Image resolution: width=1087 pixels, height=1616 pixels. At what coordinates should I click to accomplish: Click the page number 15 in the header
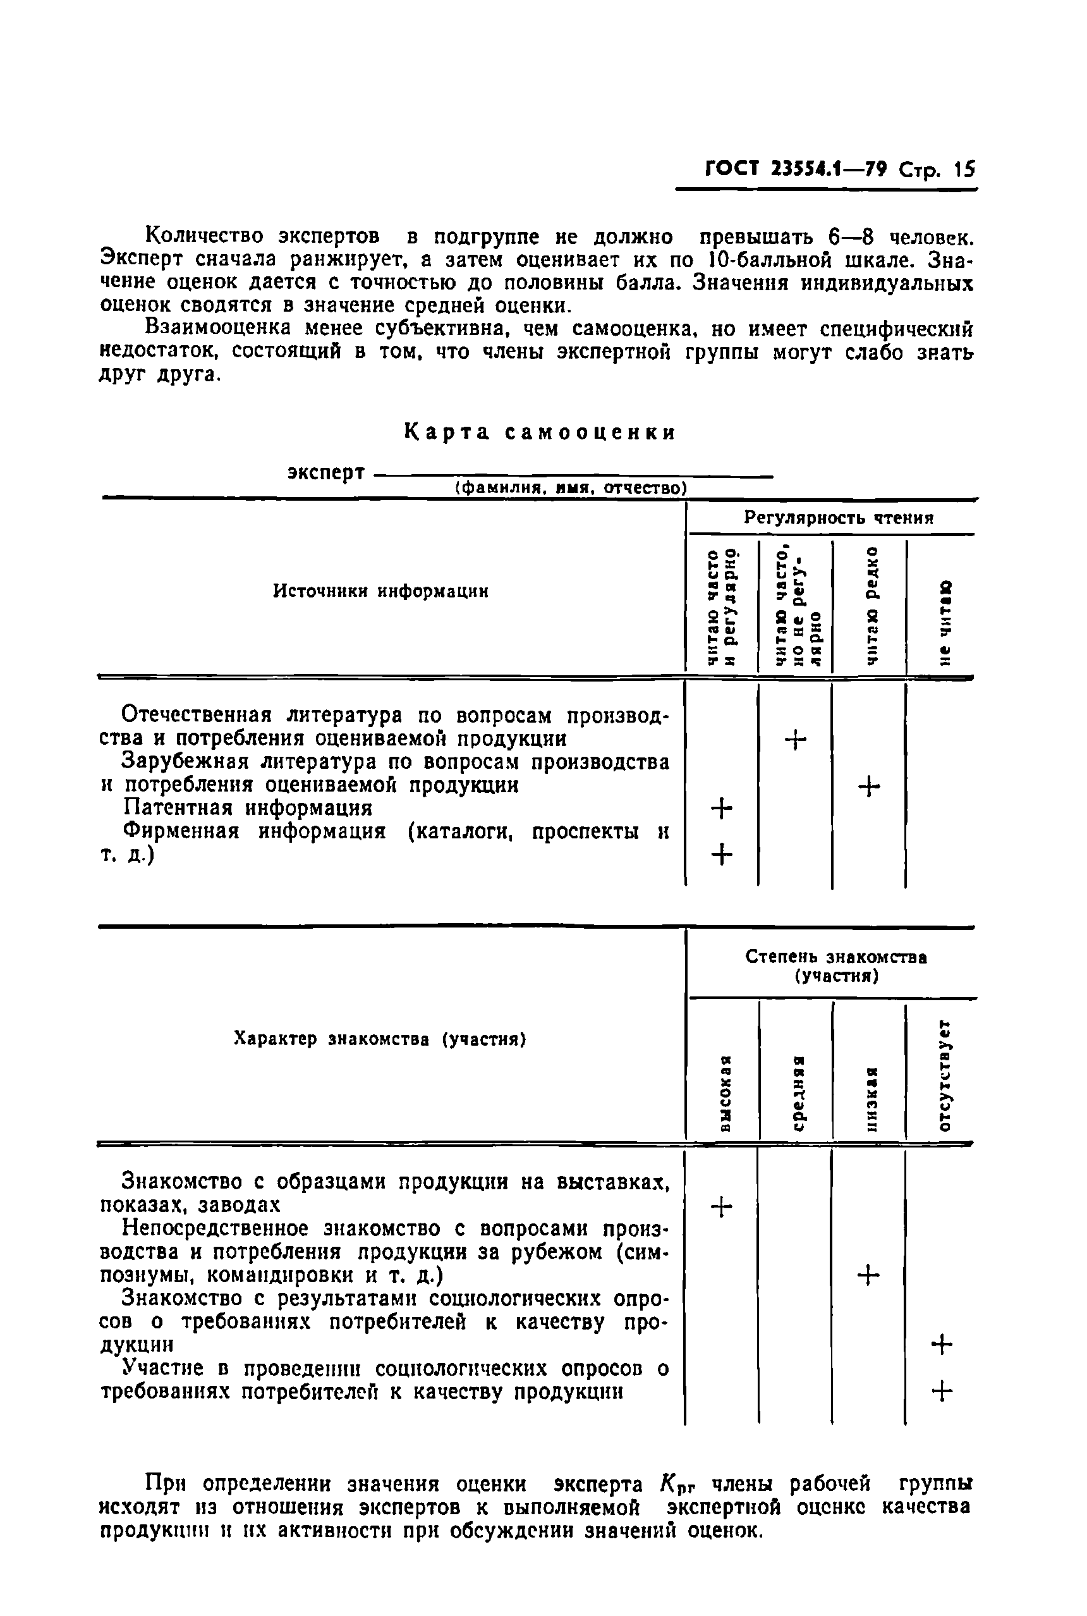coord(963,169)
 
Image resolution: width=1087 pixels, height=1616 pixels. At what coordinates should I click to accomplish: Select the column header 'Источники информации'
coord(380,591)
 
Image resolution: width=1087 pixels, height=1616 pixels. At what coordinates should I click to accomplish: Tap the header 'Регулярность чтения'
coord(839,517)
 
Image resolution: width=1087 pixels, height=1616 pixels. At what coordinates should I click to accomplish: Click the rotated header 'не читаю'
coord(944,623)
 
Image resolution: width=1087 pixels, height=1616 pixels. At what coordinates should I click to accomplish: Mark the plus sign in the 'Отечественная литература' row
coord(795,741)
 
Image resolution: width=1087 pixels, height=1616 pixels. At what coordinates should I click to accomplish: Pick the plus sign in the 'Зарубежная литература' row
coord(868,787)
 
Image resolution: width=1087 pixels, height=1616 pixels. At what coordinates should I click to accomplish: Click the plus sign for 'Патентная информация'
coord(722,808)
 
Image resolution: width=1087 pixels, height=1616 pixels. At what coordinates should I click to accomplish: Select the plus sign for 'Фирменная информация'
coord(722,854)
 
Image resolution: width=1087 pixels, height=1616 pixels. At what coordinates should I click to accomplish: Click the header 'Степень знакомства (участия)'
coord(836,967)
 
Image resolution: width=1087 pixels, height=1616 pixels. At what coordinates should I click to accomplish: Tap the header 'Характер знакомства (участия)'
coord(380,1039)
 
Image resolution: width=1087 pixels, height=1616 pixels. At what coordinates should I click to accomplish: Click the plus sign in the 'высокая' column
coord(722,1208)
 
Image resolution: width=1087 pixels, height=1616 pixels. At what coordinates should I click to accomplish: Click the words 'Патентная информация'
coord(248,808)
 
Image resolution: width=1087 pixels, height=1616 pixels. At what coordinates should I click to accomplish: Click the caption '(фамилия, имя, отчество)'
coord(571,488)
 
